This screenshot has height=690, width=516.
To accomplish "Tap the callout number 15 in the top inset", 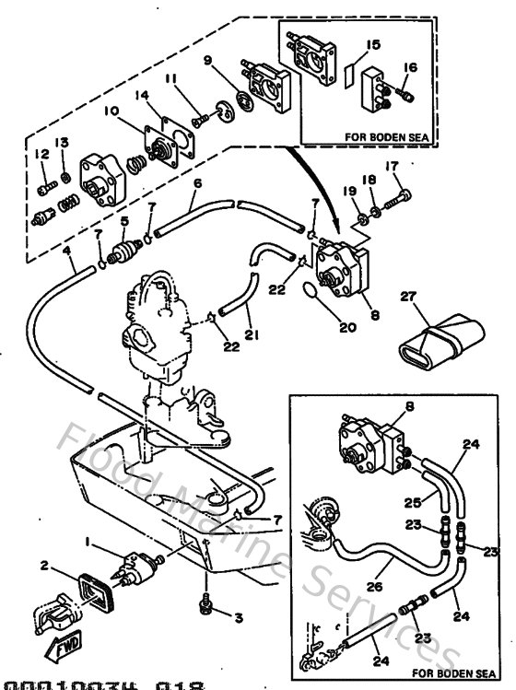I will pyautogui.click(x=372, y=43).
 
